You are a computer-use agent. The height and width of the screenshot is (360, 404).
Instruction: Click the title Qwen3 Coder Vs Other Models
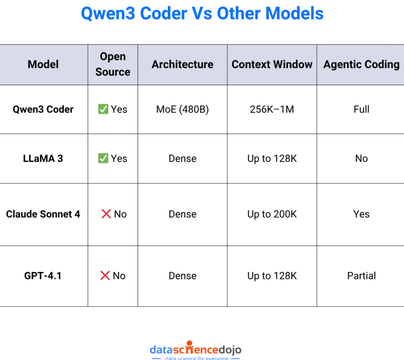click(x=202, y=14)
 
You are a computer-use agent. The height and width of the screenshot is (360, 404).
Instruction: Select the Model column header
click(x=43, y=64)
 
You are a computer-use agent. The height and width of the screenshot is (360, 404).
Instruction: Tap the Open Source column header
click(x=112, y=64)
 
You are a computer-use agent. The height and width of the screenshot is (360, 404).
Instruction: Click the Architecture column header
click(x=182, y=64)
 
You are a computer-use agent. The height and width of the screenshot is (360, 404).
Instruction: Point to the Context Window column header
click(x=272, y=64)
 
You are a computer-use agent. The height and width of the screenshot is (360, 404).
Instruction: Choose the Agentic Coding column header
click(x=361, y=64)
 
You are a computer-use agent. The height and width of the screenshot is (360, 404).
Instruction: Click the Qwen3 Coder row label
click(x=43, y=109)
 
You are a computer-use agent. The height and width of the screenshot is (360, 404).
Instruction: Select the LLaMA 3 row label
click(x=43, y=159)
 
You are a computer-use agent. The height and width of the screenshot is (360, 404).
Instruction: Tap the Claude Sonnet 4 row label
click(x=43, y=214)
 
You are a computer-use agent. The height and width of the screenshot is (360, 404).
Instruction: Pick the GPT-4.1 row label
click(x=43, y=276)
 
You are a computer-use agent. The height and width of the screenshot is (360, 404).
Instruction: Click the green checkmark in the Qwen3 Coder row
click(x=103, y=109)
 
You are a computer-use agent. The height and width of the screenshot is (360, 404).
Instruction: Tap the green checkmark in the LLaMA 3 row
click(x=103, y=159)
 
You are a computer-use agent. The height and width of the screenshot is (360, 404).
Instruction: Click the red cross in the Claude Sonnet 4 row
click(x=106, y=214)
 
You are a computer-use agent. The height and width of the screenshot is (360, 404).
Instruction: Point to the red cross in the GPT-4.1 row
click(x=105, y=276)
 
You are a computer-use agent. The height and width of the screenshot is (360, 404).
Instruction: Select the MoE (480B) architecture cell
click(x=182, y=109)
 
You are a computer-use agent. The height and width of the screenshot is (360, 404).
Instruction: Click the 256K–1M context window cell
click(x=272, y=109)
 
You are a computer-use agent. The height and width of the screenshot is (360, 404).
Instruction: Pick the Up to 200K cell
click(x=272, y=214)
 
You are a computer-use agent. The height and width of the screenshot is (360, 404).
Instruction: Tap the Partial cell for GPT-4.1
click(x=361, y=276)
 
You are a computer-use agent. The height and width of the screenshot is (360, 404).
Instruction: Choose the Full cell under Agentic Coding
click(x=361, y=109)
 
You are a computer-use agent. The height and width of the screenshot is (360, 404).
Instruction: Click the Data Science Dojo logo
click(x=195, y=351)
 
